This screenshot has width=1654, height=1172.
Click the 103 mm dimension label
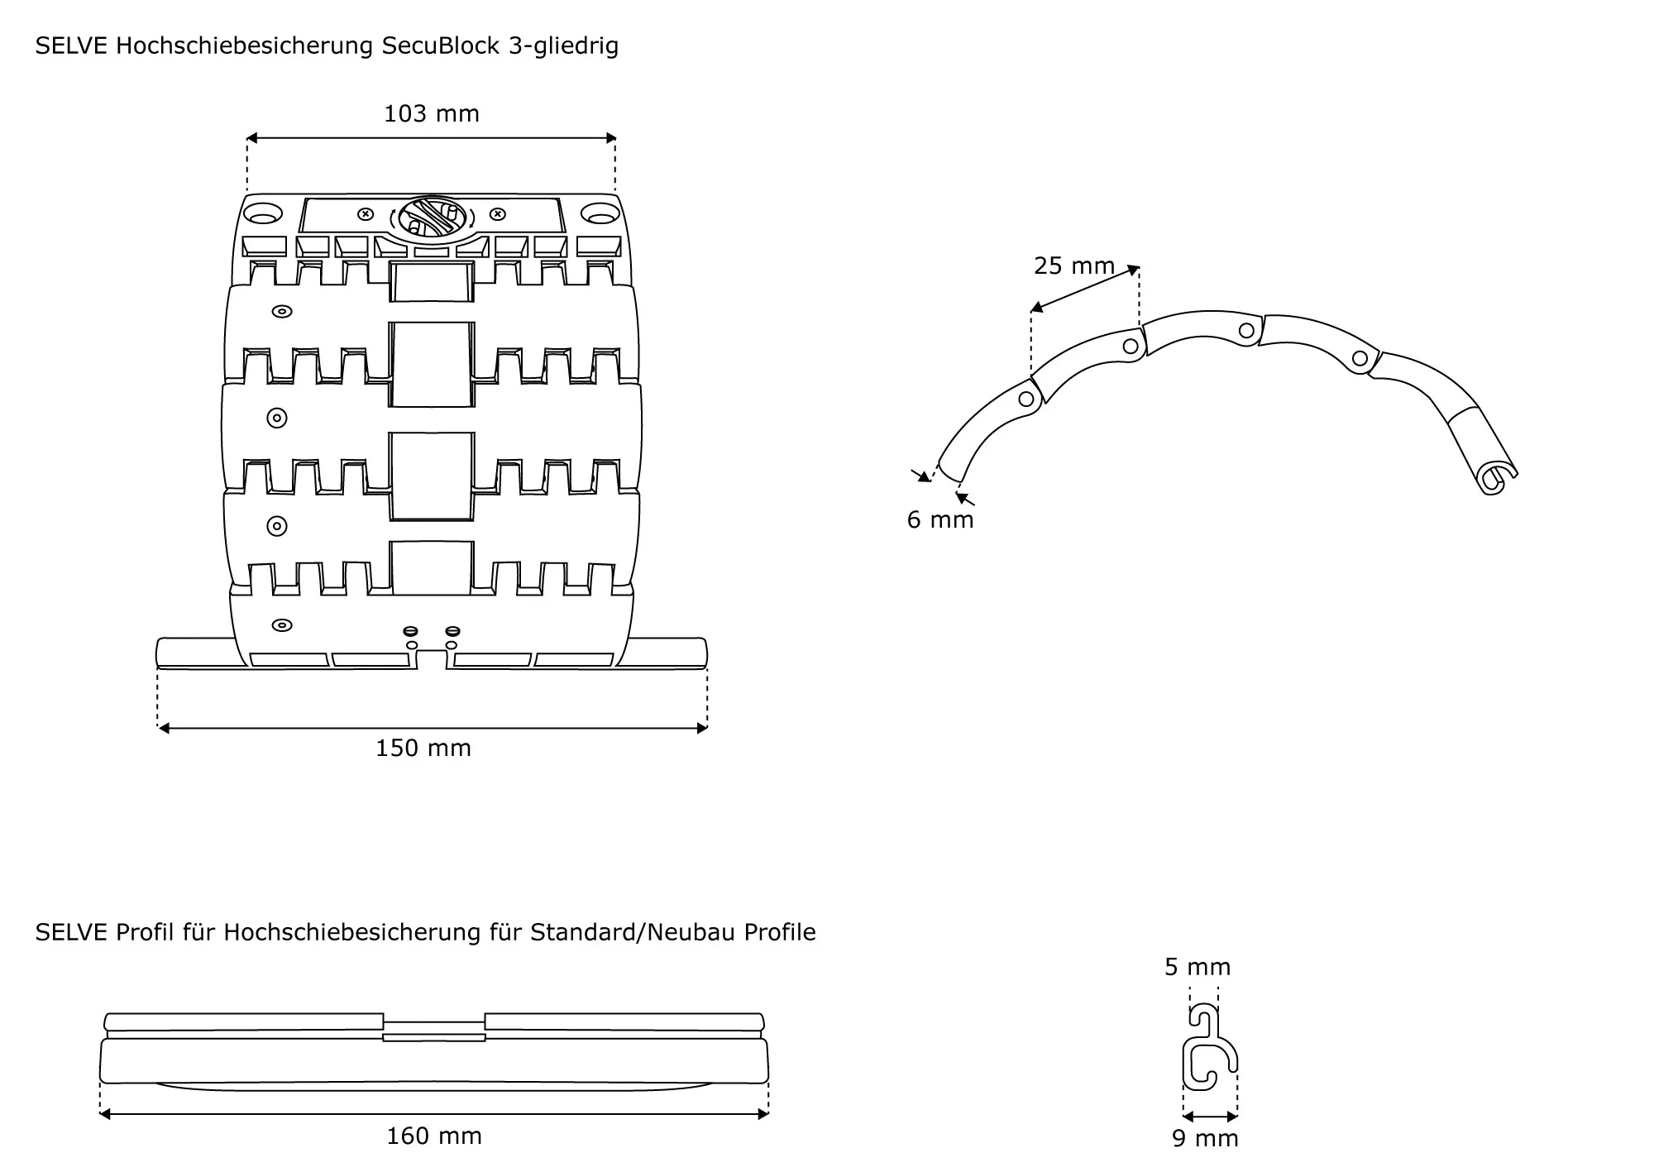click(431, 113)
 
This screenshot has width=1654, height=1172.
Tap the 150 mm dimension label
click(423, 748)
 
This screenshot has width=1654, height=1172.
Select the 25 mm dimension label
click(1074, 265)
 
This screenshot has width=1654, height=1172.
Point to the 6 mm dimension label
click(940, 519)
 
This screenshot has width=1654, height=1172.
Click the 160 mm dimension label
click(434, 1136)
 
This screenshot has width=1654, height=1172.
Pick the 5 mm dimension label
click(1197, 967)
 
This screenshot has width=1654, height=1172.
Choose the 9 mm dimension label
click(1205, 1138)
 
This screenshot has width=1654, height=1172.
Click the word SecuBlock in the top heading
click(441, 45)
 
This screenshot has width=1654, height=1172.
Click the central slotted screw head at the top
click(432, 217)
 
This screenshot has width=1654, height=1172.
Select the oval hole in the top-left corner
click(261, 213)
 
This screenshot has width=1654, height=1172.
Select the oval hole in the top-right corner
click(600, 214)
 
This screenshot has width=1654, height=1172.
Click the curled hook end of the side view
click(1494, 478)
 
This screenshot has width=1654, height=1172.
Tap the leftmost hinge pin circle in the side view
click(1026, 399)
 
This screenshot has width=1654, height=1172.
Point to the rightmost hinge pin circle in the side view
click(1359, 358)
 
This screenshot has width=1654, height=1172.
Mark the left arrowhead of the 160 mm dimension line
click(105, 1114)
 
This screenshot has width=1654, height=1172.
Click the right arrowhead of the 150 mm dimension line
click(702, 728)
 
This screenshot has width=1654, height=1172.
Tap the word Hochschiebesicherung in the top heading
click(244, 45)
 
